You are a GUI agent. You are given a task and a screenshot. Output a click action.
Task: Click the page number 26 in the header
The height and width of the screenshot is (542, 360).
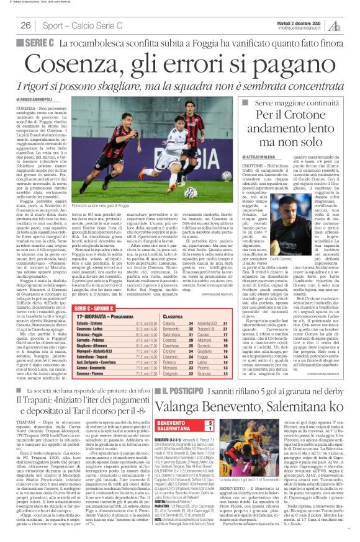(x=25, y=25)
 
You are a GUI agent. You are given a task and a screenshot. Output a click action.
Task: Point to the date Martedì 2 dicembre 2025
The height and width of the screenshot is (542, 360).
(x=316, y=22)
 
